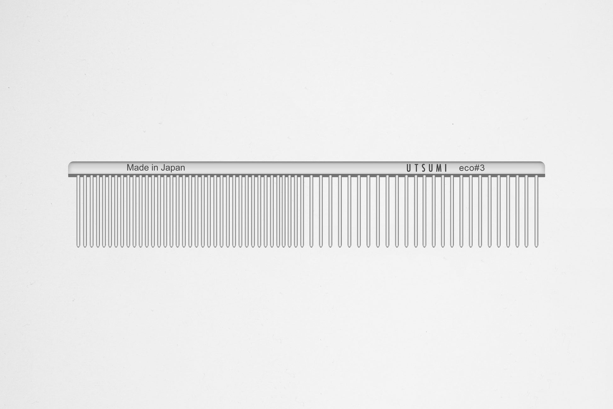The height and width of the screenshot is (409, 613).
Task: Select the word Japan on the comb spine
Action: [x=173, y=168]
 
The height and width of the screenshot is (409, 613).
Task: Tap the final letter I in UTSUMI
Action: [x=446, y=168]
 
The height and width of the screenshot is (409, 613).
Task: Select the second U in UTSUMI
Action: [x=431, y=168]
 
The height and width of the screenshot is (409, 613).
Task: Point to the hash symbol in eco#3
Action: [x=476, y=168]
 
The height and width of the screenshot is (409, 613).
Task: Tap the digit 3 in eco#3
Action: [x=482, y=168]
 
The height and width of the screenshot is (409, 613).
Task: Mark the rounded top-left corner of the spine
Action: [x=70, y=164]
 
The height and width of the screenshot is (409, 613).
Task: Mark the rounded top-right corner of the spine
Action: [x=543, y=164]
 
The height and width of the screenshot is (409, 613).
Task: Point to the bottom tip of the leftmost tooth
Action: [x=78, y=246]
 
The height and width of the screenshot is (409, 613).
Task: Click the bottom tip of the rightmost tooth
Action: [x=536, y=246]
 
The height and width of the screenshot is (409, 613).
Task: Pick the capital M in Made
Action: [x=129, y=168]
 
